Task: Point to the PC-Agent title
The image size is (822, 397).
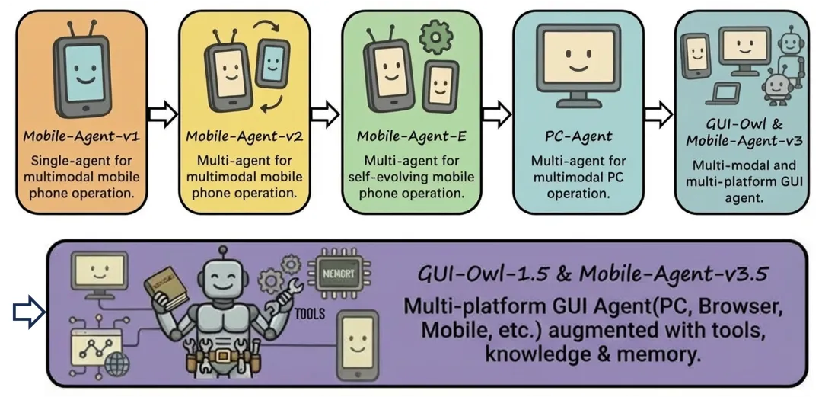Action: (x=578, y=137)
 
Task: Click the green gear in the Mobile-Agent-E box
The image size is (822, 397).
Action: (x=436, y=37)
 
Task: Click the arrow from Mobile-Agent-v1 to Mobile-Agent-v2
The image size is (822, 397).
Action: (x=163, y=114)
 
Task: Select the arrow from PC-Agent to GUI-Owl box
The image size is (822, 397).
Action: (x=658, y=114)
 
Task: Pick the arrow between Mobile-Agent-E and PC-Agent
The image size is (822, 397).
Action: (x=496, y=114)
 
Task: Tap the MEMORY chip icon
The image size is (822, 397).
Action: (x=339, y=274)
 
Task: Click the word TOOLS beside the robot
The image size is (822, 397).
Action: (x=310, y=314)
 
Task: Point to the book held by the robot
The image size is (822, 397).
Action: (x=166, y=287)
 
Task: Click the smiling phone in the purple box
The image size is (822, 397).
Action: (x=357, y=344)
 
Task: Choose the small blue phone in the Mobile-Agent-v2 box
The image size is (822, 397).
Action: (x=272, y=63)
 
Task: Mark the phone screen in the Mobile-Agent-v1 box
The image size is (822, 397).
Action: (x=84, y=72)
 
